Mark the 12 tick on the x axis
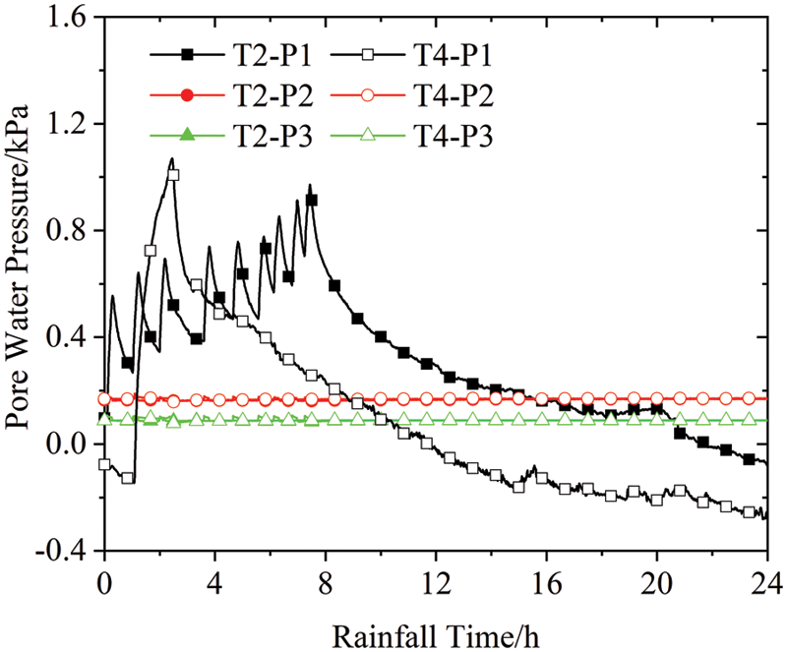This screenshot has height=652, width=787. (x=436, y=579)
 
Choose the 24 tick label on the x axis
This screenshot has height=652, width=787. (x=765, y=579)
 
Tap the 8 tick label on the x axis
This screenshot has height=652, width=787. (x=326, y=579)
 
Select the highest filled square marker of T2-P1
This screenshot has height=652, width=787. (x=312, y=200)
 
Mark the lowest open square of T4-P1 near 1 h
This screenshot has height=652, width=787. (x=128, y=478)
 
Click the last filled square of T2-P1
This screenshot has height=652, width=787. (x=750, y=460)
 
